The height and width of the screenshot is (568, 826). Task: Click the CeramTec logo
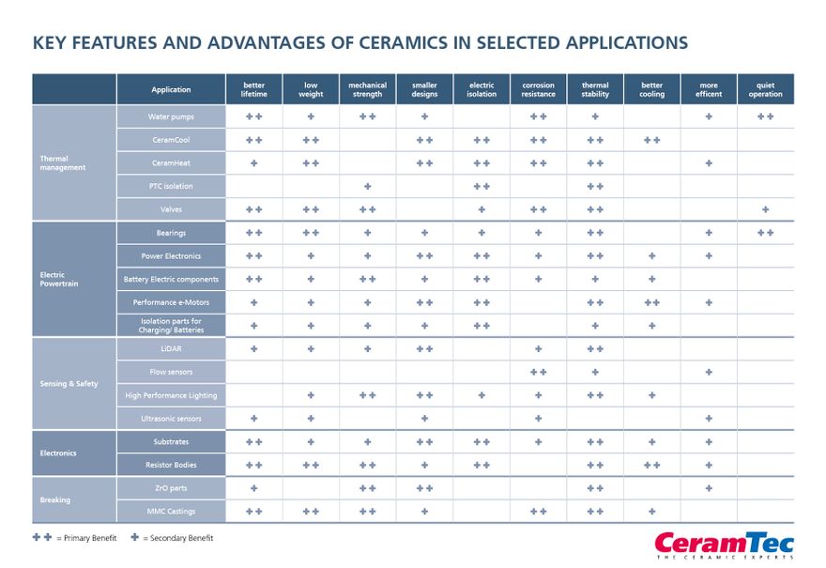click(x=724, y=545)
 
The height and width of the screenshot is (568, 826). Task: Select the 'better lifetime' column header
click(x=253, y=89)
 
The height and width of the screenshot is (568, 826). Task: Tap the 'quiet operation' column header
click(x=765, y=89)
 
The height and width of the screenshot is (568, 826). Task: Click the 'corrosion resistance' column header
click(x=538, y=89)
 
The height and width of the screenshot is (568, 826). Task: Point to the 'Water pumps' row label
click(x=171, y=116)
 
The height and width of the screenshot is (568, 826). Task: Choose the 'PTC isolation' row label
click(x=171, y=186)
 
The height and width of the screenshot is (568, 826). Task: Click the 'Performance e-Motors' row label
click(x=171, y=302)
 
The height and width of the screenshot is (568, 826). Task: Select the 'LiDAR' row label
click(x=171, y=348)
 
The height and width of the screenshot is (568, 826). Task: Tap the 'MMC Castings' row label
click(x=171, y=511)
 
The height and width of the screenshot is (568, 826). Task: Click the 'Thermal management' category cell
click(x=74, y=162)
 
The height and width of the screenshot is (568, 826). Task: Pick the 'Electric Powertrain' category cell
click(x=74, y=279)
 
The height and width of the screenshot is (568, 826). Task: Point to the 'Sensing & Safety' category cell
click(x=74, y=383)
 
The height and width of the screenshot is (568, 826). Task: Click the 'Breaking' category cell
click(x=74, y=499)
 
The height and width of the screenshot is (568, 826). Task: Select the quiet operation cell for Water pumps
click(x=765, y=116)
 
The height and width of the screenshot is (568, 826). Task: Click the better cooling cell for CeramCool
click(x=651, y=140)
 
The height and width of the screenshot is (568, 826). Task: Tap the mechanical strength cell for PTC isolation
click(x=367, y=186)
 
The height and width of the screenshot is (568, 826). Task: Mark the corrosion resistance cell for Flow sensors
click(x=538, y=372)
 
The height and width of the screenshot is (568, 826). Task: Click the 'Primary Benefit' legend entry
click(x=75, y=538)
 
